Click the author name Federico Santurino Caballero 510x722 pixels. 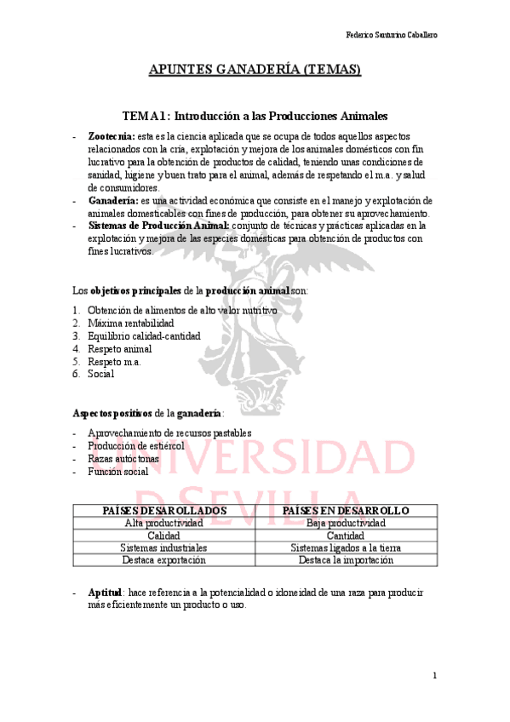click(x=398, y=35)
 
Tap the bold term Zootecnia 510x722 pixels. click(x=111, y=136)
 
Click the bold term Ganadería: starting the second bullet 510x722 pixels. click(x=112, y=200)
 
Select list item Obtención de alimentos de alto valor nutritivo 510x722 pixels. click(x=181, y=311)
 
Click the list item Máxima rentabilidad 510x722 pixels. click(x=130, y=324)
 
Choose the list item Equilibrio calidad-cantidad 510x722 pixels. click(x=144, y=335)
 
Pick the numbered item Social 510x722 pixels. click(x=100, y=373)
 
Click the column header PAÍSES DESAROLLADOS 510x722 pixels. click(x=163, y=510)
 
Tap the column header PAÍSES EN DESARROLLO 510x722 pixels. click(x=346, y=510)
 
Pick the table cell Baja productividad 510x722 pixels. click(x=346, y=523)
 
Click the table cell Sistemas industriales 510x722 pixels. click(x=163, y=548)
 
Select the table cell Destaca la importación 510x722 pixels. click(x=346, y=561)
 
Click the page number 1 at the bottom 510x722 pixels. click(x=434, y=676)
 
